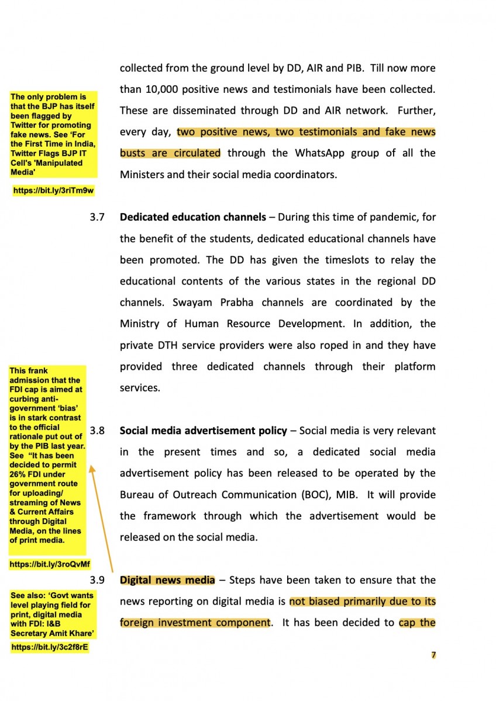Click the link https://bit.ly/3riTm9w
[53, 190]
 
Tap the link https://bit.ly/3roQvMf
[50, 564]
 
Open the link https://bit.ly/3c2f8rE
[50, 647]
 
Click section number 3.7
[97, 217]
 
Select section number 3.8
[97, 431]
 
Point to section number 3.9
[97, 580]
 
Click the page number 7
[433, 655]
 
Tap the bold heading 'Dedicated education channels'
[192, 217]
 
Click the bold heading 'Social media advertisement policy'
[203, 431]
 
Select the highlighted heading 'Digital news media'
[167, 580]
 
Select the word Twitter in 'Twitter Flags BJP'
[25, 154]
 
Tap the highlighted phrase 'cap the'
[417, 623]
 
